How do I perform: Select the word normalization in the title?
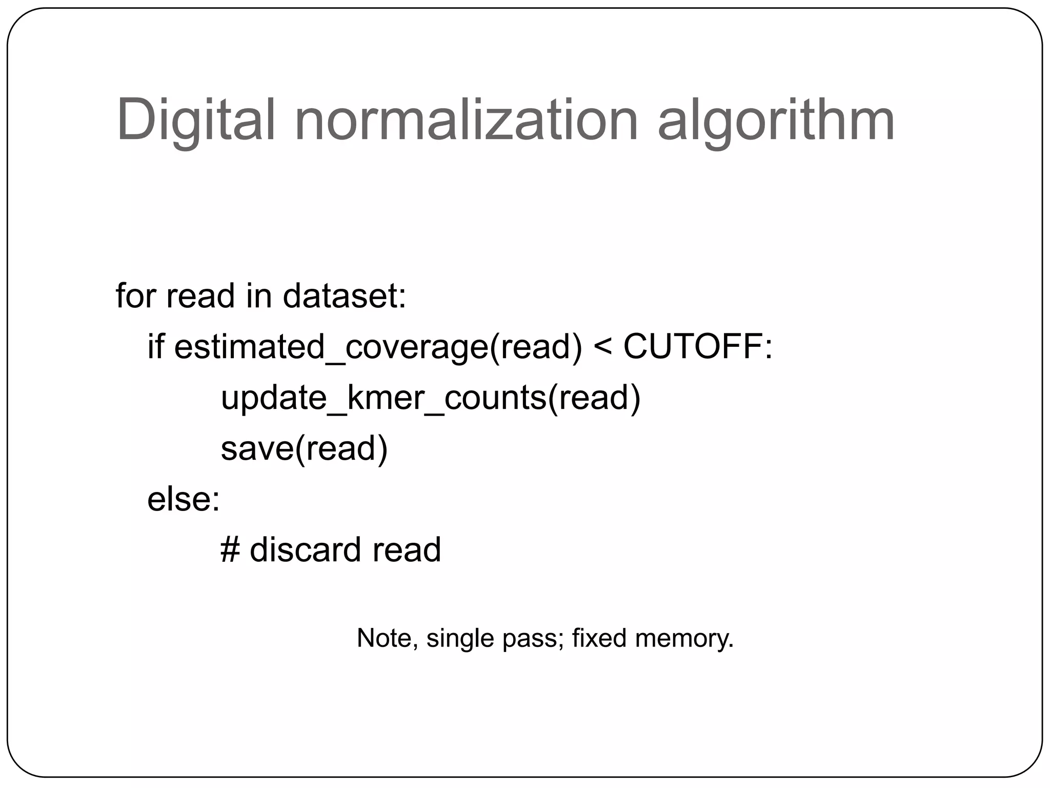(466, 120)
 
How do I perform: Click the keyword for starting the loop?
(134, 296)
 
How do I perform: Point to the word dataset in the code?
(344, 296)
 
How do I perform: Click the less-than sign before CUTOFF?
(602, 347)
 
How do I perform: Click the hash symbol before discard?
(230, 549)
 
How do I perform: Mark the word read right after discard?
(407, 549)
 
